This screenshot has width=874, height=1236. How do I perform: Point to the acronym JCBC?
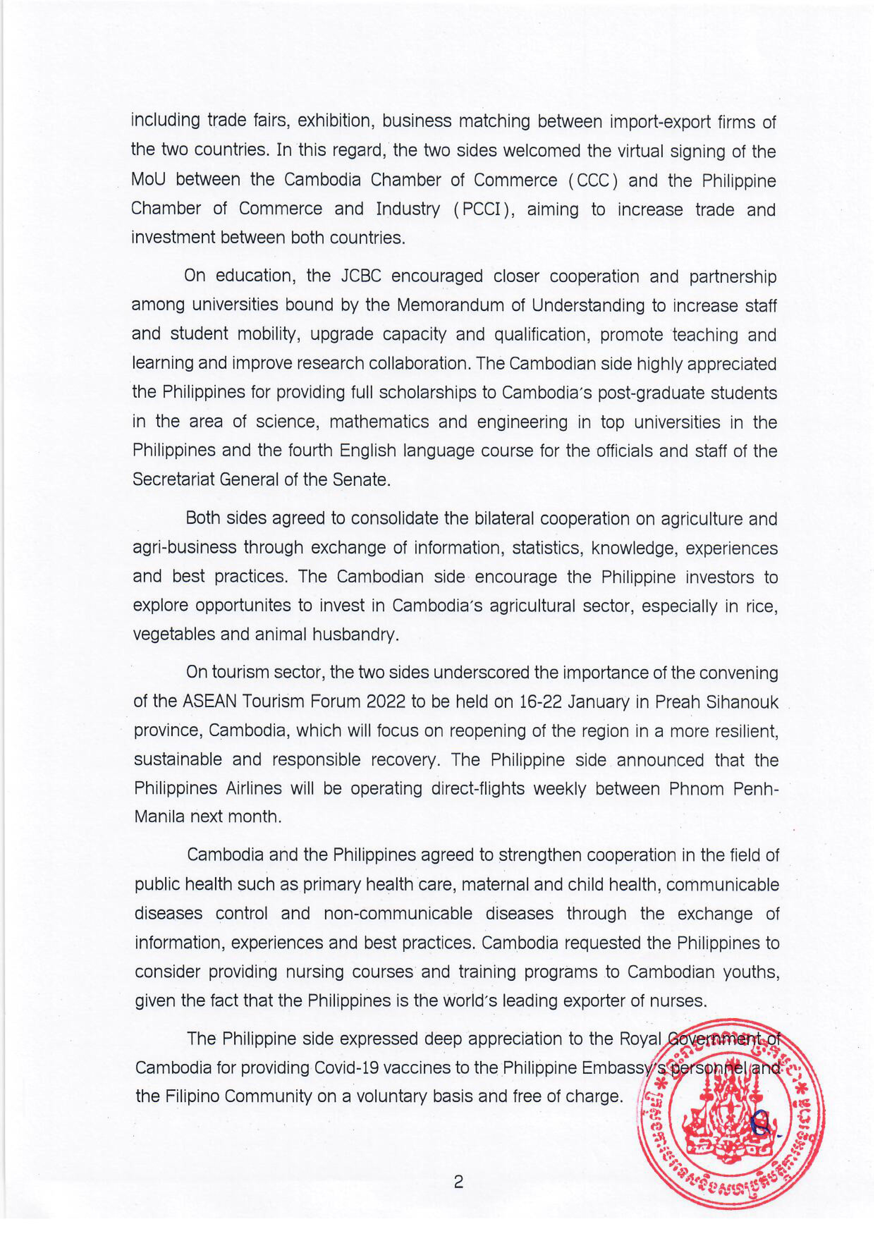click(361, 276)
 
